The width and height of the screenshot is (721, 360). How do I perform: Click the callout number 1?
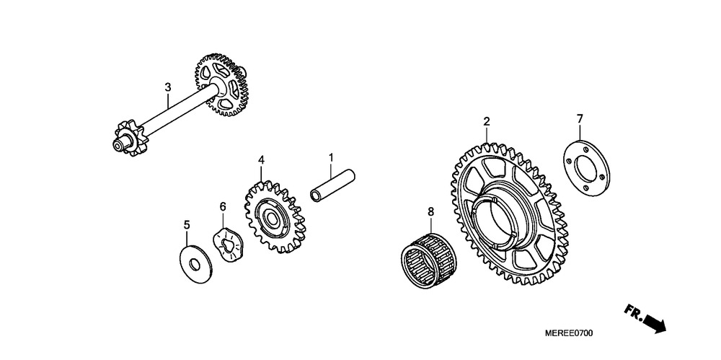pos(331,158)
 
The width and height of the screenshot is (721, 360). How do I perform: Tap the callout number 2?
pos(487,121)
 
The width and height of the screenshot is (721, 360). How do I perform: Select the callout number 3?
pos(168,87)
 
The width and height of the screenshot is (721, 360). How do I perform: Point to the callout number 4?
pos(261,159)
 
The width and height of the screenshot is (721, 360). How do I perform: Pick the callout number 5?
pos(187,224)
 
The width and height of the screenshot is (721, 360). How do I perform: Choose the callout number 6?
pos(223,207)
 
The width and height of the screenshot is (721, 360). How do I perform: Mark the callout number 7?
pos(580,119)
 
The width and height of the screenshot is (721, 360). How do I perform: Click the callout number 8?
pos(431,211)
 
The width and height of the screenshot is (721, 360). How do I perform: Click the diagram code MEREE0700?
pos(569,333)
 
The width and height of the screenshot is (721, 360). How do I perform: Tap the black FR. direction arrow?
pos(655,322)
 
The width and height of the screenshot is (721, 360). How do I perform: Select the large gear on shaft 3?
pos(221,84)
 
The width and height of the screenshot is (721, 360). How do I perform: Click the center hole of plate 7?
pos(586,170)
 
